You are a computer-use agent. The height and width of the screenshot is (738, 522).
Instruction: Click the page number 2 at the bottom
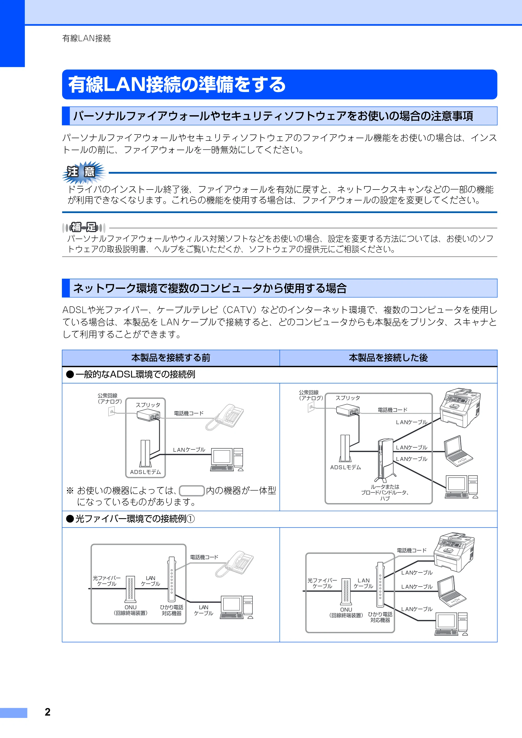click(x=48, y=712)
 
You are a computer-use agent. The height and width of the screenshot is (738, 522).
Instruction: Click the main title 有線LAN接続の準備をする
click(x=177, y=84)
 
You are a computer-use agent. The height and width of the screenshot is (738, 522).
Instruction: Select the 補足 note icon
click(x=84, y=227)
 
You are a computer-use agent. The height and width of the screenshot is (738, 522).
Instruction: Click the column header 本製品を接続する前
click(x=171, y=358)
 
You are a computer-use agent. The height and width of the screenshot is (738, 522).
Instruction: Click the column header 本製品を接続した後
click(x=388, y=358)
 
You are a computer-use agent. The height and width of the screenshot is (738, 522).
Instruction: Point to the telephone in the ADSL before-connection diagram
click(x=225, y=417)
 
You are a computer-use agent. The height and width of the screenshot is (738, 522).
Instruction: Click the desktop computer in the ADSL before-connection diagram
click(x=227, y=460)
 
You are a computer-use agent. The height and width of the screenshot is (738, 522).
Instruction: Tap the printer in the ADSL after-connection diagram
click(x=460, y=407)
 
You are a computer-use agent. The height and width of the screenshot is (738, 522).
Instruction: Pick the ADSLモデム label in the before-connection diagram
click(x=145, y=472)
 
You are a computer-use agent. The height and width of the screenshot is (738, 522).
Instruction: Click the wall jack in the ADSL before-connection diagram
click(x=112, y=411)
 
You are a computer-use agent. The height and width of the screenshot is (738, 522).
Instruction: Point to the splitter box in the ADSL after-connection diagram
click(x=348, y=410)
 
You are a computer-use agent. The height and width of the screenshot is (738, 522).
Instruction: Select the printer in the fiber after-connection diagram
click(x=454, y=552)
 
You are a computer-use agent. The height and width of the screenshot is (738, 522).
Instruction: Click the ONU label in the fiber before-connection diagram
click(x=131, y=607)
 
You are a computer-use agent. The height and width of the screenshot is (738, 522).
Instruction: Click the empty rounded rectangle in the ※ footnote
click(x=192, y=491)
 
